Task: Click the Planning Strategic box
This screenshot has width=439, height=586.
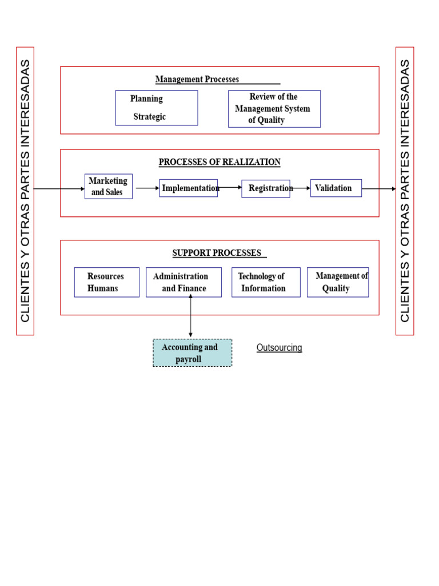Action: (x=156, y=108)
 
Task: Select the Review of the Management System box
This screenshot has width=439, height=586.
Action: (x=274, y=109)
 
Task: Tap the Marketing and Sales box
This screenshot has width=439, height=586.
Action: (x=109, y=187)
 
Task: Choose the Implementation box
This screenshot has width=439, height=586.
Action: (x=188, y=188)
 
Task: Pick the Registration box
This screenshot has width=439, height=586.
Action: (x=266, y=188)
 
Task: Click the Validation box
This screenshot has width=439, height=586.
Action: (x=336, y=188)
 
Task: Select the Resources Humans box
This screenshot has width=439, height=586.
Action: (x=106, y=282)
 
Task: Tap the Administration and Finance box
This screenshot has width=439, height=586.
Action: (x=183, y=282)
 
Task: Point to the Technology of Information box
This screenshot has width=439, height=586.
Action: (x=266, y=282)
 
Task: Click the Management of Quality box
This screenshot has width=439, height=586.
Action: (x=338, y=282)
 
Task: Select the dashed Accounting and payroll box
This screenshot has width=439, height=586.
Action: (x=192, y=353)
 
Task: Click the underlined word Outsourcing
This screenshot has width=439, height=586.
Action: (x=279, y=348)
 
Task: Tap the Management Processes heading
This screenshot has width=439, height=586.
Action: (x=197, y=80)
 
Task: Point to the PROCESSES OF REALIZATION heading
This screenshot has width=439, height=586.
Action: (x=219, y=162)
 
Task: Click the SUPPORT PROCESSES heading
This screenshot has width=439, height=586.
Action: (x=217, y=253)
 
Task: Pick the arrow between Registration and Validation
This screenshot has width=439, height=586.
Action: (x=301, y=188)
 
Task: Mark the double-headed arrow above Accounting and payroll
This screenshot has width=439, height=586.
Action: (x=190, y=317)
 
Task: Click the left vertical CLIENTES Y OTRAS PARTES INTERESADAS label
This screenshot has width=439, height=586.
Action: (x=25, y=191)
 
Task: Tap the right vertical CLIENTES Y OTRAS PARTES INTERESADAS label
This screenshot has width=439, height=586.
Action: (x=405, y=191)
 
